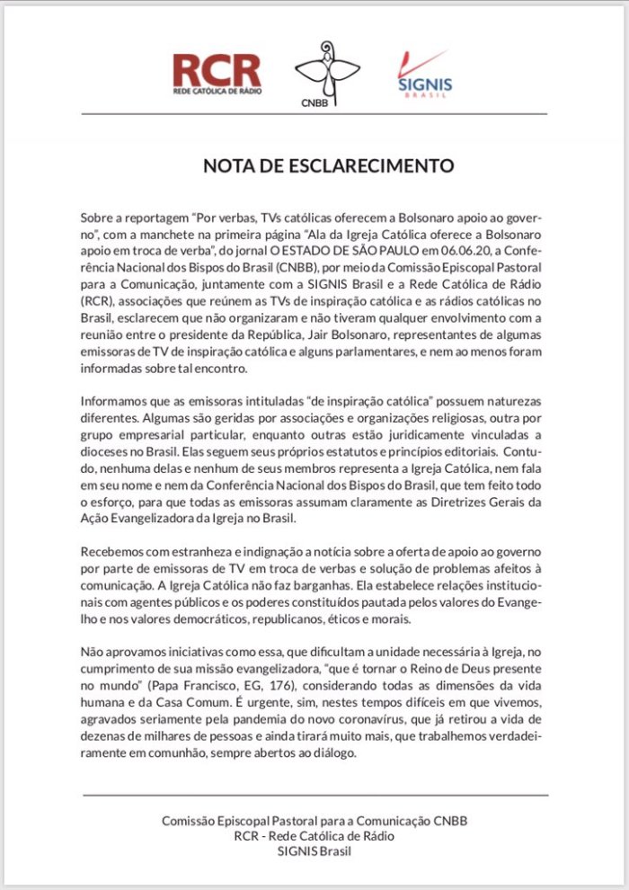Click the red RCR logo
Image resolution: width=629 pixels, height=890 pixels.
tap(217, 75)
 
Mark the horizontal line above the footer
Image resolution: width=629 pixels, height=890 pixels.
tap(314, 795)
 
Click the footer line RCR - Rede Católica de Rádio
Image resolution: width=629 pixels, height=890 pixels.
tap(314, 836)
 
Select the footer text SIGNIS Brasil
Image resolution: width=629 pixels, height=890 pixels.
tap(314, 852)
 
